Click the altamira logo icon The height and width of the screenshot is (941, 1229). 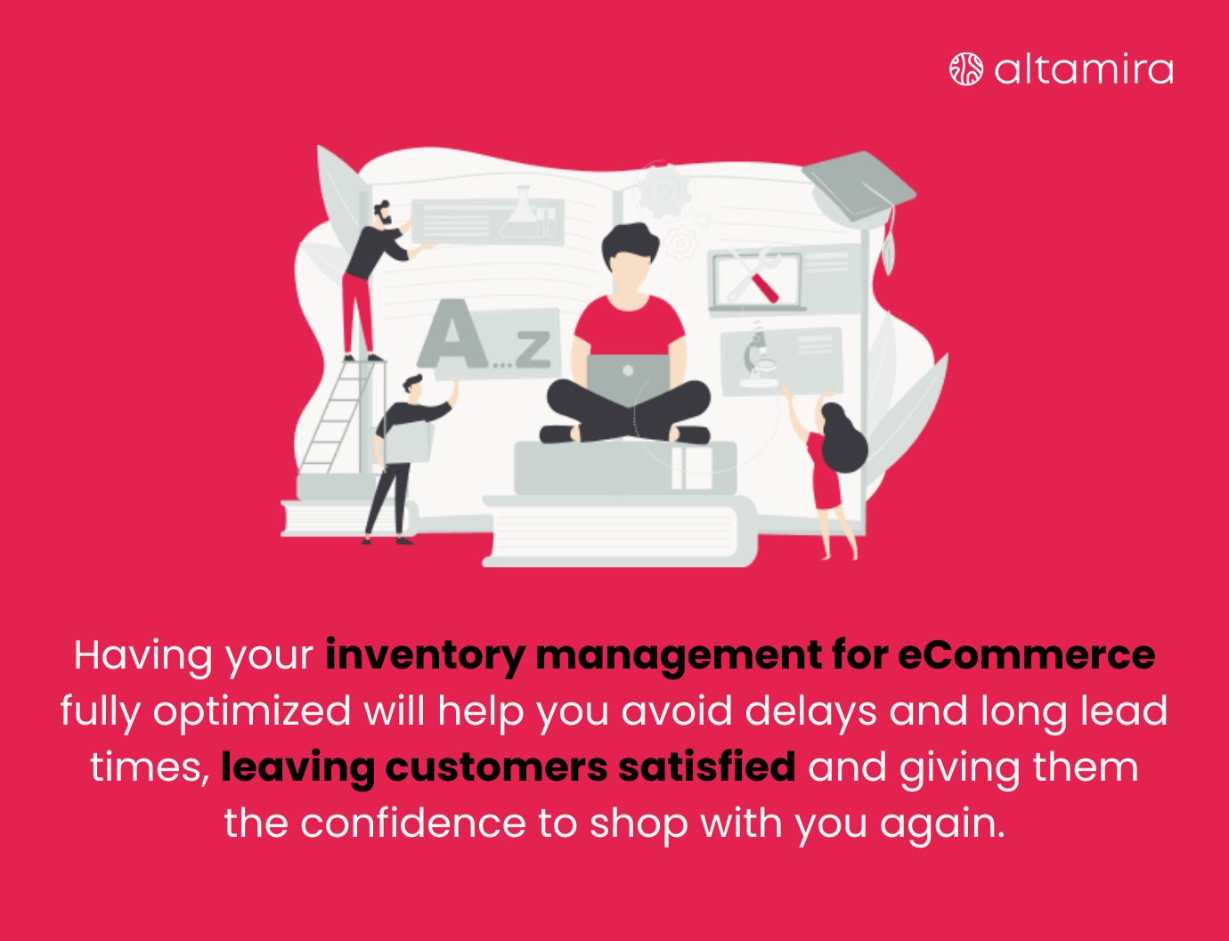click(966, 69)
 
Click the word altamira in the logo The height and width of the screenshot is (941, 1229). click(1083, 69)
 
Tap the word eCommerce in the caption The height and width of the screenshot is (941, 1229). click(1026, 655)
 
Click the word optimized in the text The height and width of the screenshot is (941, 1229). click(252, 711)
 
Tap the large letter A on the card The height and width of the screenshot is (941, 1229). click(454, 337)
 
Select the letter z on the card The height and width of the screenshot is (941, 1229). click(533, 348)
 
